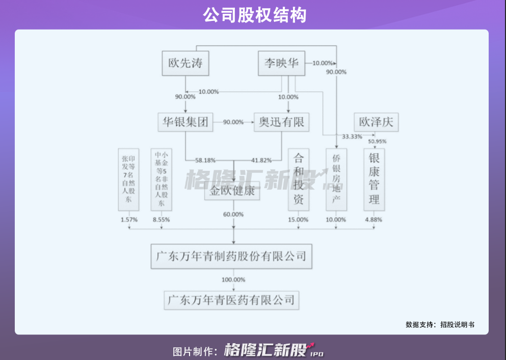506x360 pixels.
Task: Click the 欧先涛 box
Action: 185,63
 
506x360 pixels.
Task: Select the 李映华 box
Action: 281,63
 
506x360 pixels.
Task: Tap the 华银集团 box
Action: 185,122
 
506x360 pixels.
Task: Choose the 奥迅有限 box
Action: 281,122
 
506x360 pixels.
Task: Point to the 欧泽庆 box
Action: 376,122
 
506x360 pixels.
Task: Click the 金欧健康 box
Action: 232,193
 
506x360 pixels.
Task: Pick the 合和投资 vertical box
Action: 299,179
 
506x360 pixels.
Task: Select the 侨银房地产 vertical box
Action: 336,179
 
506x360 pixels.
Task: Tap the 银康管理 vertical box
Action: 375,179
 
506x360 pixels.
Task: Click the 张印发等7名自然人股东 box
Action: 128,179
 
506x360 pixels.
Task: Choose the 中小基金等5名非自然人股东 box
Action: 162,179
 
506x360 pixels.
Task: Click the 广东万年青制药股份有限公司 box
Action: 231,256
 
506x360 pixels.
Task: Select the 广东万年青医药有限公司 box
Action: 231,299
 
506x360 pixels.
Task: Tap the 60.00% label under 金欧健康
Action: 233,215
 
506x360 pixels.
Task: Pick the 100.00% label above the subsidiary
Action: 233,280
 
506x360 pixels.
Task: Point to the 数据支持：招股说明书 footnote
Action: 440,324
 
